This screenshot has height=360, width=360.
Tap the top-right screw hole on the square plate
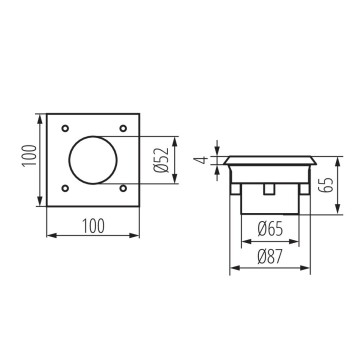coord(124,129)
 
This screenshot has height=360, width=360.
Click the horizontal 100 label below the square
coord(95,228)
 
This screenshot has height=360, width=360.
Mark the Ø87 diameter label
coord(269,257)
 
